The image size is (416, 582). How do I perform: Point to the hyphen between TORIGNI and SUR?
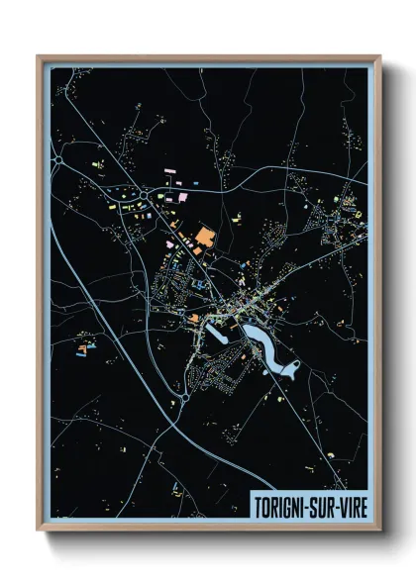pos(309,502)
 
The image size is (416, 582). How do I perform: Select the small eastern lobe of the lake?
pos(290,371)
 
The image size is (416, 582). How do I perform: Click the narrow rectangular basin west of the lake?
pos(219,337)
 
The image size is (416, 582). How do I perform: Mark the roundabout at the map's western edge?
pos(59,158)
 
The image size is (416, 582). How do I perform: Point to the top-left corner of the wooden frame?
pos(39,56)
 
